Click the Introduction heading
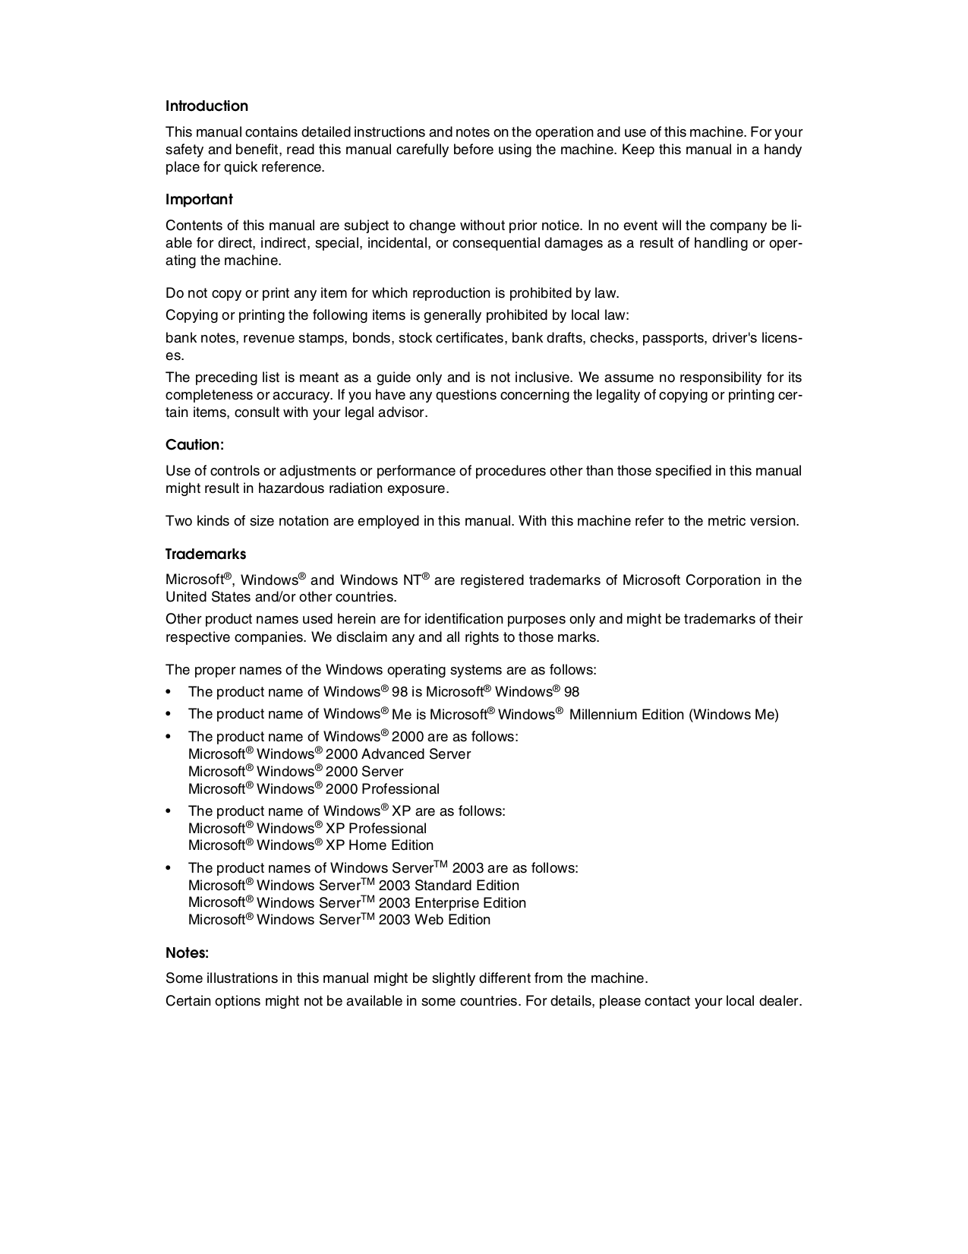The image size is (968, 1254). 207,106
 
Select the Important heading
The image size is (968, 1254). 199,200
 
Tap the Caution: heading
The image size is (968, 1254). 194,445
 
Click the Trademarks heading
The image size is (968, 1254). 206,554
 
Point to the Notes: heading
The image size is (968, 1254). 187,952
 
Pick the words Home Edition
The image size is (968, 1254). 391,845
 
